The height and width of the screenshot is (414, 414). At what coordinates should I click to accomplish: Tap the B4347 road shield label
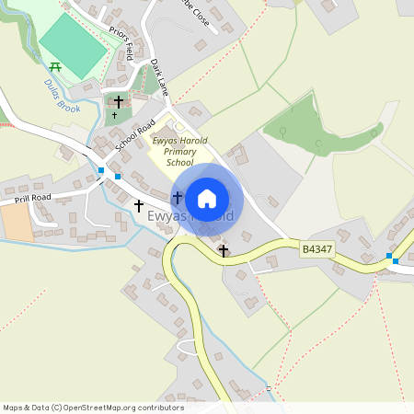(316, 248)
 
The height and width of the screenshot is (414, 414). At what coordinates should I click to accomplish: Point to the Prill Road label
(32, 198)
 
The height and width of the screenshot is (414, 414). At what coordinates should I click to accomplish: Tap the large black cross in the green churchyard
(119, 99)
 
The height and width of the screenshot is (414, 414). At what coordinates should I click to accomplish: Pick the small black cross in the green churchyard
(115, 116)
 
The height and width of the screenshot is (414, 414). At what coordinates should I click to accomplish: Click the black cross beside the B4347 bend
(223, 249)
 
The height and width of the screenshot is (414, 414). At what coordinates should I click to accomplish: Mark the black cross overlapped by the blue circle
(177, 198)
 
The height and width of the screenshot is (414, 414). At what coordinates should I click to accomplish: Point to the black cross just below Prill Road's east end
(139, 206)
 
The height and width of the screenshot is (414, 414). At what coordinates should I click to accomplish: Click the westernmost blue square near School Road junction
(100, 170)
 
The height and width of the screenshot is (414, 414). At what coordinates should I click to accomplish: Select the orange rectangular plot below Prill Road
(17, 221)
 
